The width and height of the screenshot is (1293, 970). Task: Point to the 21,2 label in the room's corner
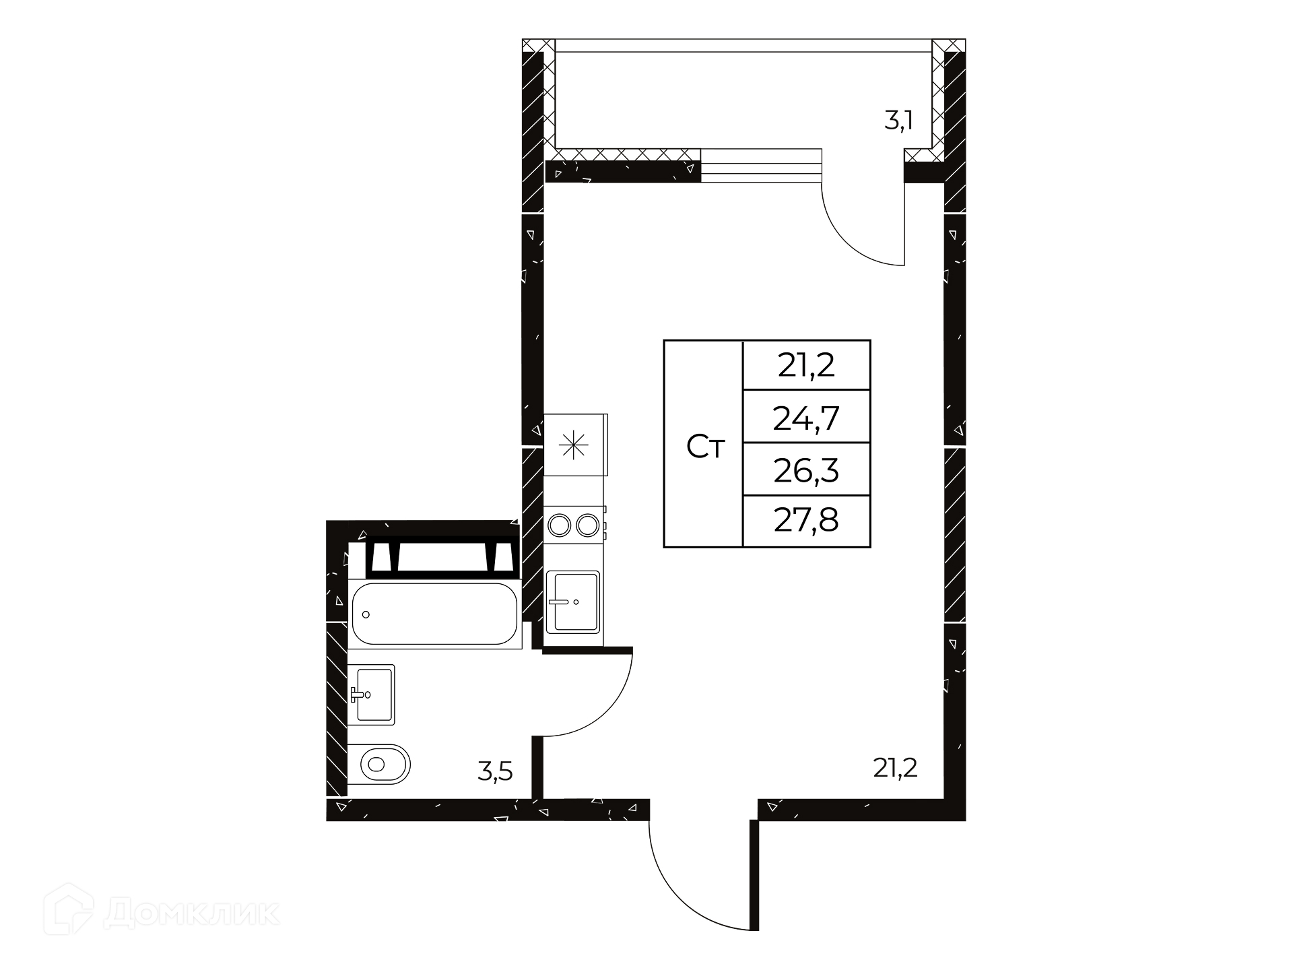pos(896,767)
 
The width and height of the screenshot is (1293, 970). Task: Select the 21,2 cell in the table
pos(806,365)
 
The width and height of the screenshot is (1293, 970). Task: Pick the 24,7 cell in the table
pos(806,418)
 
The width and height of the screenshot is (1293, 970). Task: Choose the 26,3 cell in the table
pos(806,470)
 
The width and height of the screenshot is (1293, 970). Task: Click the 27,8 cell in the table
pos(806,521)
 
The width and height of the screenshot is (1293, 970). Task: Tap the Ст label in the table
pos(705,447)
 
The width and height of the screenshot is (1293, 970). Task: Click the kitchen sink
pos(573,602)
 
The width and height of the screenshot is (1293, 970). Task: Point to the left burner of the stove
pos(559,525)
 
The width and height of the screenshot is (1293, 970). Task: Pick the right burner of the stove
pos(587,525)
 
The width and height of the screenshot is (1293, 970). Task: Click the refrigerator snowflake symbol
pos(574,445)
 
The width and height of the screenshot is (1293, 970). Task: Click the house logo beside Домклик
pos(68,909)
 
